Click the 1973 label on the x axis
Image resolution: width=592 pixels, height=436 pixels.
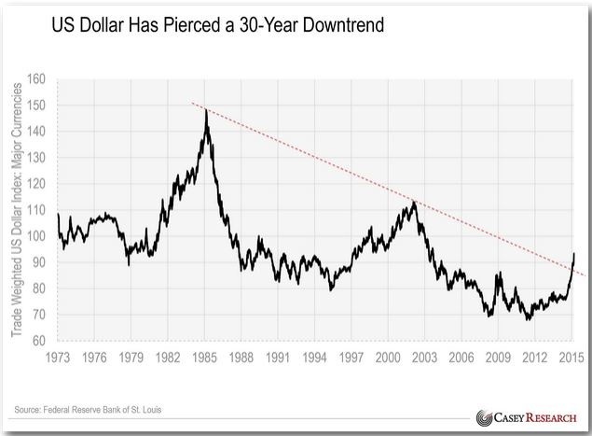[x=58, y=358]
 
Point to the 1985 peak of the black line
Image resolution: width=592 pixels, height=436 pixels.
[x=205, y=109]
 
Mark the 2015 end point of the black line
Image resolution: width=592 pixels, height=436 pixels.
[x=574, y=254]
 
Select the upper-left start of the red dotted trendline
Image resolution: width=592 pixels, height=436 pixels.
[x=191, y=103]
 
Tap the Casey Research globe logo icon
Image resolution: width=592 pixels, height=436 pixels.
[x=485, y=417]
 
